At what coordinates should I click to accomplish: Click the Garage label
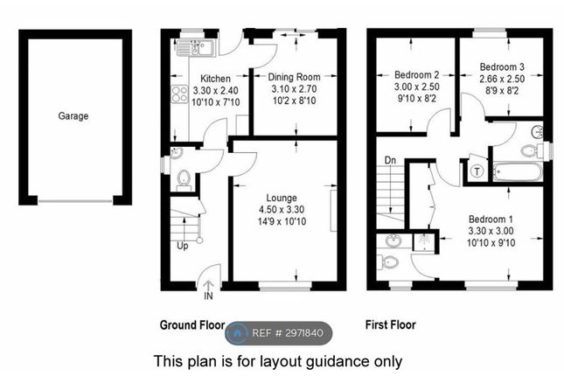coord(73,116)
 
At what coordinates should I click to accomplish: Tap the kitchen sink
coord(196,48)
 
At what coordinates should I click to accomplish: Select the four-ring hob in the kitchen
coord(179,94)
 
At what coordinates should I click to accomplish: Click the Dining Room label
coord(294,77)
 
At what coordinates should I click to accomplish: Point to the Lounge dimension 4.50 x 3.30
coord(282,209)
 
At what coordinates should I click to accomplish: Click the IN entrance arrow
coord(209,290)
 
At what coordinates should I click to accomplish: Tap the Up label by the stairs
coord(183,246)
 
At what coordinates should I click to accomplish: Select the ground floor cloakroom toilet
coord(184,179)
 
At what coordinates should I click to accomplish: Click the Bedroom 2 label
coord(416,75)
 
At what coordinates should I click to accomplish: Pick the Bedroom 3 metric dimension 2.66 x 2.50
coord(502,79)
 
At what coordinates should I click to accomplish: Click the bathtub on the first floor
coord(518,172)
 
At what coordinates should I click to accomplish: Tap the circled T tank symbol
coord(477,171)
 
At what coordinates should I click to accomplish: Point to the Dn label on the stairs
coord(390,160)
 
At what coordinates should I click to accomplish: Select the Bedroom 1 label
coord(491,219)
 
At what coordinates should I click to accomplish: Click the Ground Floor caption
coord(192,325)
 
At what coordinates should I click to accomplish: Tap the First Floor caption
coord(391,325)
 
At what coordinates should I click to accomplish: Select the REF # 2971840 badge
coord(279,333)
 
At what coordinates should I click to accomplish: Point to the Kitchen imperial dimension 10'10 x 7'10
coord(215,102)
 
